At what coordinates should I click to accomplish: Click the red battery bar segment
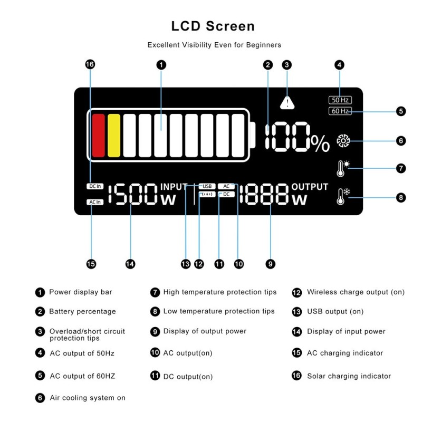(99, 135)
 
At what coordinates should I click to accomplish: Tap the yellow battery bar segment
(114, 135)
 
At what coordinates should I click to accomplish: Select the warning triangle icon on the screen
(287, 102)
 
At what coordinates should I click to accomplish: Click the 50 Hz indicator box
(340, 100)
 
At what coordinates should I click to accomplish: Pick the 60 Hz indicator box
(340, 111)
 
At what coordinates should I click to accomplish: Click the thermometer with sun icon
(342, 168)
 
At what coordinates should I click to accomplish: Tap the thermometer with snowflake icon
(342, 197)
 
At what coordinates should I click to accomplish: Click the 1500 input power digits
(133, 195)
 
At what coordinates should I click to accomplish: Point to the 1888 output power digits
(264, 195)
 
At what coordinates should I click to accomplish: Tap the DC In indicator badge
(95, 186)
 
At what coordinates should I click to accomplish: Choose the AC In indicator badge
(95, 202)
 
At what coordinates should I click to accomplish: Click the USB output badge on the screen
(207, 186)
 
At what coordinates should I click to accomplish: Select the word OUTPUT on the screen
(310, 187)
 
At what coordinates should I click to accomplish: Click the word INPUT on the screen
(174, 187)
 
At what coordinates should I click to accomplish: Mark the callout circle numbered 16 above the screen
(90, 64)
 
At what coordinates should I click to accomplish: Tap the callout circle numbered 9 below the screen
(271, 264)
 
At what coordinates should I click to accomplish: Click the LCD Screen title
(213, 26)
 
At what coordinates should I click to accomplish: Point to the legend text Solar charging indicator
(349, 376)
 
